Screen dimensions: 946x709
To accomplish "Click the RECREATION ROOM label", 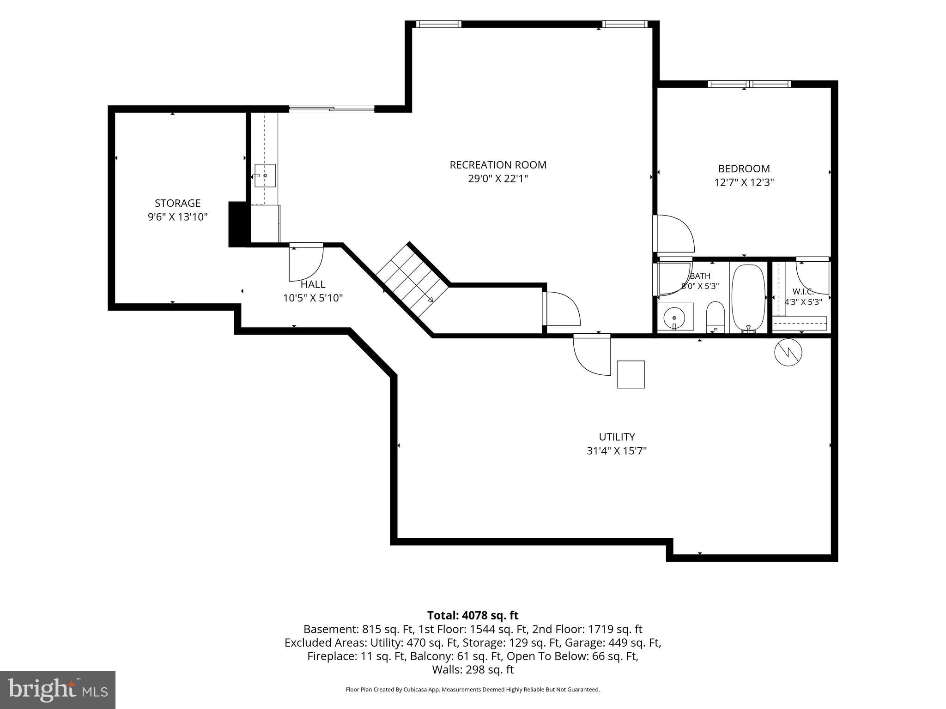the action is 498,165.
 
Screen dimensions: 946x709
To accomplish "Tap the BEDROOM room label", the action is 744,168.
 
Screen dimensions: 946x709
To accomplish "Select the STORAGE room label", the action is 177,203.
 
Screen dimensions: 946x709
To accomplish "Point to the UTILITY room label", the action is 617,437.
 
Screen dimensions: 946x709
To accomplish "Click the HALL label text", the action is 313,284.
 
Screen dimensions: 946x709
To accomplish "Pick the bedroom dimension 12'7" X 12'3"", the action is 744,182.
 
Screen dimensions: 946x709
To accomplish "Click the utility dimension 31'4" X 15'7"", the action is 617,451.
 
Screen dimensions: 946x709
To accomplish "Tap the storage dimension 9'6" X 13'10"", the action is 177,217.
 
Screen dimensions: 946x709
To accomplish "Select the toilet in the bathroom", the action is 716,317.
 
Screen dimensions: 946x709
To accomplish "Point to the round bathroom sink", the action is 675,318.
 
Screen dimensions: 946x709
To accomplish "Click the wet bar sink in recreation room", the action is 265,175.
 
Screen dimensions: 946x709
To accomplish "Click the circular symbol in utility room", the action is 788,353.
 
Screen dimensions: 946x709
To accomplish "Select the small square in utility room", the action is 631,374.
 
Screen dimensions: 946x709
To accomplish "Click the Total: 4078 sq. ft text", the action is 473,615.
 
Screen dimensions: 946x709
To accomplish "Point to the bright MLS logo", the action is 58,690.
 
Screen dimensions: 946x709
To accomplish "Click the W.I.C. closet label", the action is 803,291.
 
